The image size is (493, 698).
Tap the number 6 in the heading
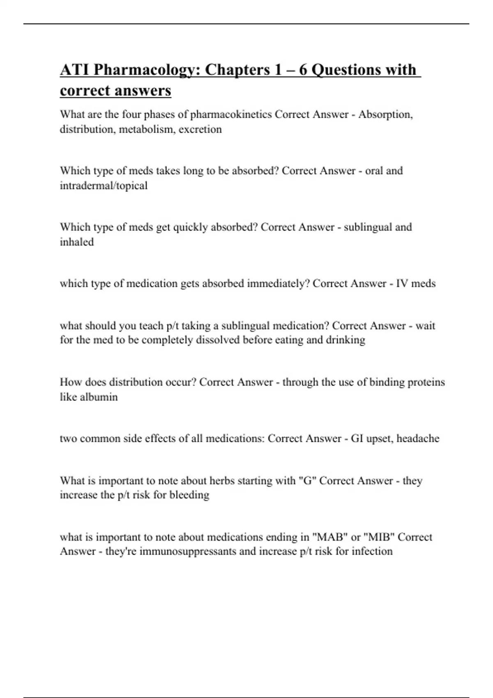pos(303,70)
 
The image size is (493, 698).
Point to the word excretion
pos(200,129)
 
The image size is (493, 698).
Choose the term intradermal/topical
pos(104,186)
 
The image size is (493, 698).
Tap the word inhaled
pos(77,242)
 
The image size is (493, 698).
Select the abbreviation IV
pos(402,284)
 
